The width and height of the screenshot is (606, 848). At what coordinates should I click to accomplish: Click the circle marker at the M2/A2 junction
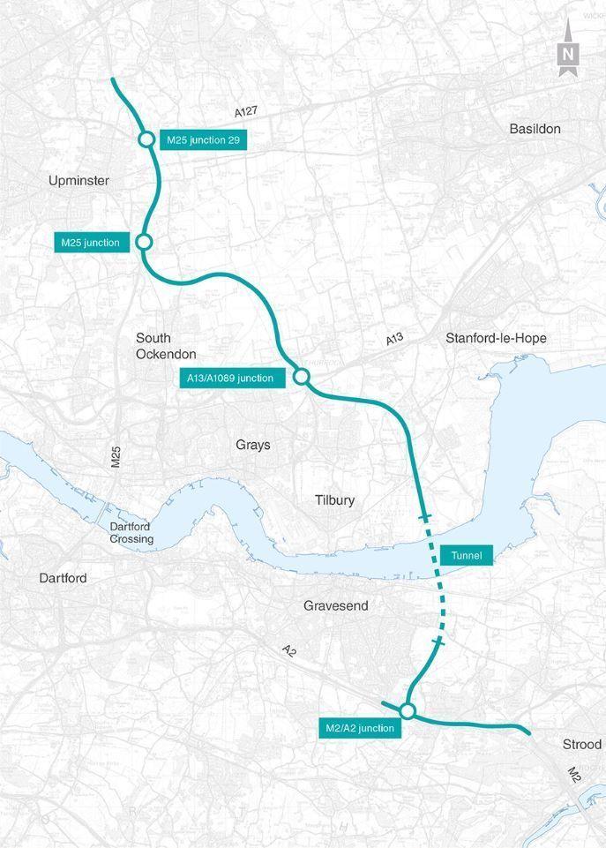point(407,710)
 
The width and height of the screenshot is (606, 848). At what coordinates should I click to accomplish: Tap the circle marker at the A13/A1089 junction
point(300,377)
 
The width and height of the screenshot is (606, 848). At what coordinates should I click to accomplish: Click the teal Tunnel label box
point(466,555)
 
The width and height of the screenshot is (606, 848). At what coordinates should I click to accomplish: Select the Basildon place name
point(535,129)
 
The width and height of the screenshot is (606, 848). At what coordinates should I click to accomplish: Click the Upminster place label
point(79,181)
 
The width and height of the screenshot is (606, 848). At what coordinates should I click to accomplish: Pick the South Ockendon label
point(153,346)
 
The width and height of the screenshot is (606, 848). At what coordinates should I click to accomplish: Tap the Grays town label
point(253,445)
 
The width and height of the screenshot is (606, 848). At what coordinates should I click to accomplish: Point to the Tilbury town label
point(334,500)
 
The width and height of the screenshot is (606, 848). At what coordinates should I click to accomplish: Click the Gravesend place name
point(335,606)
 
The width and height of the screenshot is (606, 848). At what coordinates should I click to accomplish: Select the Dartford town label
point(63,578)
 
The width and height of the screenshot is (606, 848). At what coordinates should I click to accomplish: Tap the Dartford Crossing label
point(131,533)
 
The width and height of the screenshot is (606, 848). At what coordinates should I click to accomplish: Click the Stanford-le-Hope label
point(496,338)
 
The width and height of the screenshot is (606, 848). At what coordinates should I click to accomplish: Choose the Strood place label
point(581,745)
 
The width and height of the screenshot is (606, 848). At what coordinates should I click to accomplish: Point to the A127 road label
point(247,112)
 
